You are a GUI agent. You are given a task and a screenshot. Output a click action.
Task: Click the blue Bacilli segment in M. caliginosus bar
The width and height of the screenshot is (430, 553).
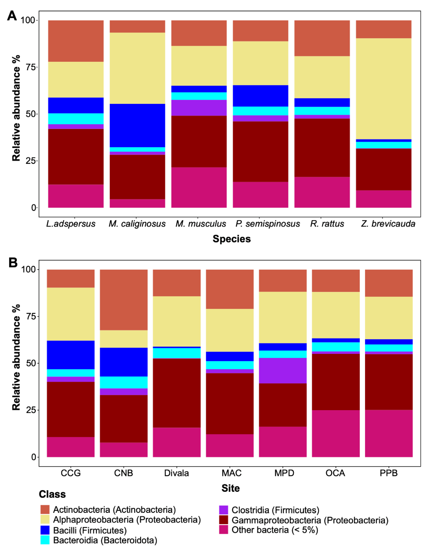point(137,125)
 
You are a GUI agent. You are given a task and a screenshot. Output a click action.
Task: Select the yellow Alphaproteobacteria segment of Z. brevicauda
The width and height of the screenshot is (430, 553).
point(383,89)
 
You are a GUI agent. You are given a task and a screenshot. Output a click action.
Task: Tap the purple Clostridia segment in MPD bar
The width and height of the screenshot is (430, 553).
point(283,370)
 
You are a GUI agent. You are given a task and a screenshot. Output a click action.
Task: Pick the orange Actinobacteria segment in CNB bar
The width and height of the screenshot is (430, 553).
point(124,300)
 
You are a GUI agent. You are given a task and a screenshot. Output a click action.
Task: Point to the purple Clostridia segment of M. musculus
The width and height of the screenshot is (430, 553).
point(199,108)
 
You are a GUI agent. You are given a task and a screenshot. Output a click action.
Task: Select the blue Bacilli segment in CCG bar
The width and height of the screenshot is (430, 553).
point(71,355)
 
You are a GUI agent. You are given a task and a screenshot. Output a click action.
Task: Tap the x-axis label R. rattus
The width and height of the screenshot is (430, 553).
point(327,224)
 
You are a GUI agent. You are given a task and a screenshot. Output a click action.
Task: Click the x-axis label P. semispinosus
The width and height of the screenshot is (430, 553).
point(268,224)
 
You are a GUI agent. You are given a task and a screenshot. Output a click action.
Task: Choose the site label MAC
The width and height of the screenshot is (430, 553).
point(231,473)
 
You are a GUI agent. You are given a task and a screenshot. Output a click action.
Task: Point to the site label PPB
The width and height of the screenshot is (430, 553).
point(389,473)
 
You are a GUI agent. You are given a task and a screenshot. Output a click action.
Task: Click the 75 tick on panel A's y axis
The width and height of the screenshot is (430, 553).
point(32,67)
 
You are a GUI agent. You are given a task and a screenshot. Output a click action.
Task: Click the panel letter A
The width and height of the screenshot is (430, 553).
point(12,16)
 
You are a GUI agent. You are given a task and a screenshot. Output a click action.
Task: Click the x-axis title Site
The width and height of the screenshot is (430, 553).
point(230,488)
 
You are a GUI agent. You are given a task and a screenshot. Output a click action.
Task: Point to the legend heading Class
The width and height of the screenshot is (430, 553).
point(52,494)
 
